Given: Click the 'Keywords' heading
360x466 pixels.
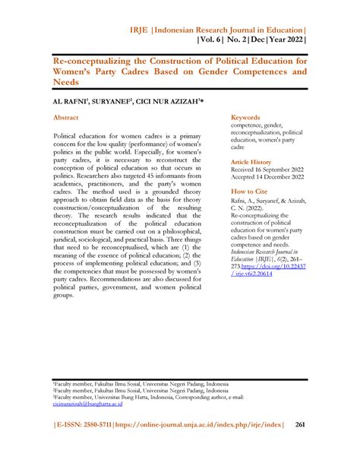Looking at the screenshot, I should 246,118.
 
